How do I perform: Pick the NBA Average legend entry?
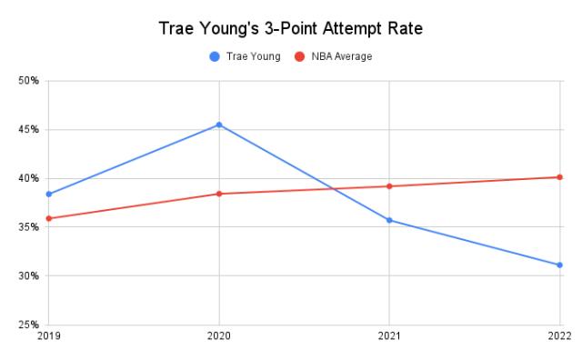335,56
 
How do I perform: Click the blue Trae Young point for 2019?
49,194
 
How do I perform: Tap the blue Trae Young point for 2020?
219,125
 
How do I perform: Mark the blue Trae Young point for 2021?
389,220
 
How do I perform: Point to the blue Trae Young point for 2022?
559,265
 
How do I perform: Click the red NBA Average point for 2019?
49,218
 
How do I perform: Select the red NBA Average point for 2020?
219,194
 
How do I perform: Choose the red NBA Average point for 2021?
389,186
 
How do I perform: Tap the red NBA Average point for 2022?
559,177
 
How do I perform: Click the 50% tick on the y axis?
28,81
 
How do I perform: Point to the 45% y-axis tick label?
28,130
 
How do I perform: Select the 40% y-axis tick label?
28,178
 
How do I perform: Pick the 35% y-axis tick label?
28,227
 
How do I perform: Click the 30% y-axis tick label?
28,275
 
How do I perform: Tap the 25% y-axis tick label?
28,325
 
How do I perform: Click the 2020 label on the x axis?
219,337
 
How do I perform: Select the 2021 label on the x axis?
389,337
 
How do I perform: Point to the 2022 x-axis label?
559,337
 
